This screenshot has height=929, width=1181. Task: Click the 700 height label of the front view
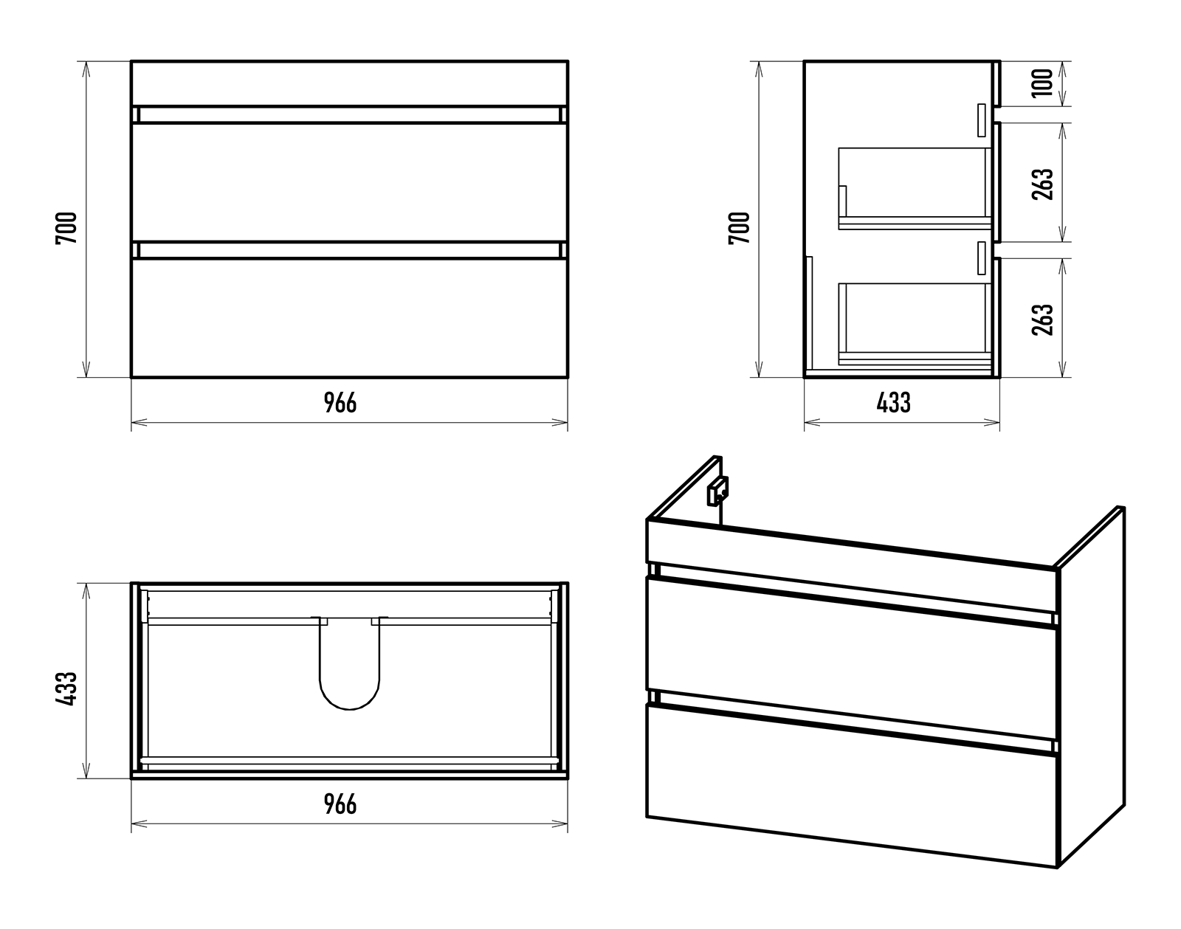click(66, 228)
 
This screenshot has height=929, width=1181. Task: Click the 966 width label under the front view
click(340, 403)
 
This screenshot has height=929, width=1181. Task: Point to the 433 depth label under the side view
click(894, 403)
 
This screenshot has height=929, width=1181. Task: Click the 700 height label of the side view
click(739, 228)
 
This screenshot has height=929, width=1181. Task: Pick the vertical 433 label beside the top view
click(66, 688)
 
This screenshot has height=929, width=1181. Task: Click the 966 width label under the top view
click(340, 804)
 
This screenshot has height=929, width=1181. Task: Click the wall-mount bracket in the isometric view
click(717, 491)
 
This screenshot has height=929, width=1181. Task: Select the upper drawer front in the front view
click(350, 182)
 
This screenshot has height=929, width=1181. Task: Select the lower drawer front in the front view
click(350, 318)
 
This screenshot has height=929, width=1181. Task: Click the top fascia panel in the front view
click(350, 83)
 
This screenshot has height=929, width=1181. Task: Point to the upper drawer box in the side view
click(915, 188)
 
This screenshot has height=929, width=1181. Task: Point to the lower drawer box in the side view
click(915, 324)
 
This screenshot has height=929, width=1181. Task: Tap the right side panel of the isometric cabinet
click(1090, 686)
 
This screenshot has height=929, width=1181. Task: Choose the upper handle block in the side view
click(982, 120)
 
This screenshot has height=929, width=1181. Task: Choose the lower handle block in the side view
click(982, 258)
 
